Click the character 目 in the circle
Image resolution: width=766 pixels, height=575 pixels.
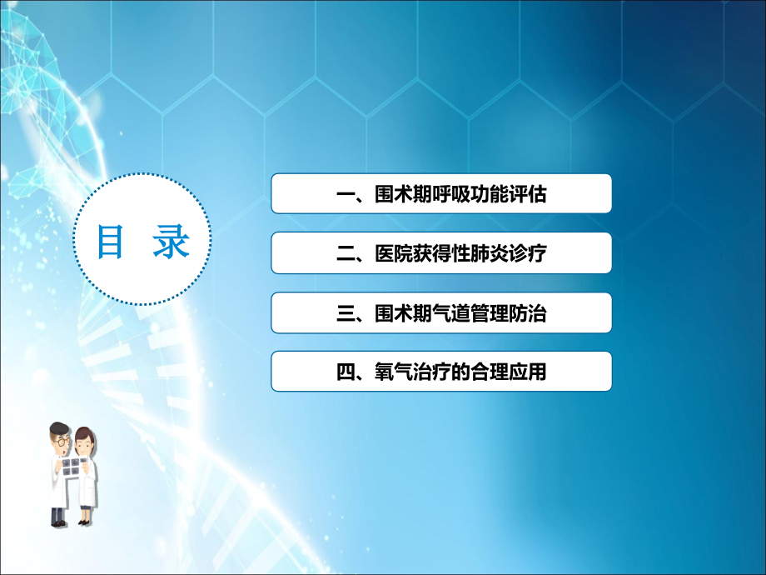(x=111, y=242)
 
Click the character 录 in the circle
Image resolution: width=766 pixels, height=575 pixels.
(x=172, y=242)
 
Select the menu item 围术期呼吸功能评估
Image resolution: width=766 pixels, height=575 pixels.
(x=441, y=194)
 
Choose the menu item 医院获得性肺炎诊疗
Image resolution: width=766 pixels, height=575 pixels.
(x=441, y=253)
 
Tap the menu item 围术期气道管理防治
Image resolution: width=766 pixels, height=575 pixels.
(x=441, y=312)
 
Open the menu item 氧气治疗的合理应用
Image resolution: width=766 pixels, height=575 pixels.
(x=441, y=372)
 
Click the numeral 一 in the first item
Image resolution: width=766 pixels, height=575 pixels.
(x=344, y=195)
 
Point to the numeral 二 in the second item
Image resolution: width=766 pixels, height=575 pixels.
(x=344, y=253)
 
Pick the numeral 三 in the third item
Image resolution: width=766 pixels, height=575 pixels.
(x=344, y=312)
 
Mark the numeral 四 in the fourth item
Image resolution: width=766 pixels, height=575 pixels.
(x=344, y=372)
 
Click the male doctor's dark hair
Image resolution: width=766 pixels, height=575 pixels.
(x=58, y=427)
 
